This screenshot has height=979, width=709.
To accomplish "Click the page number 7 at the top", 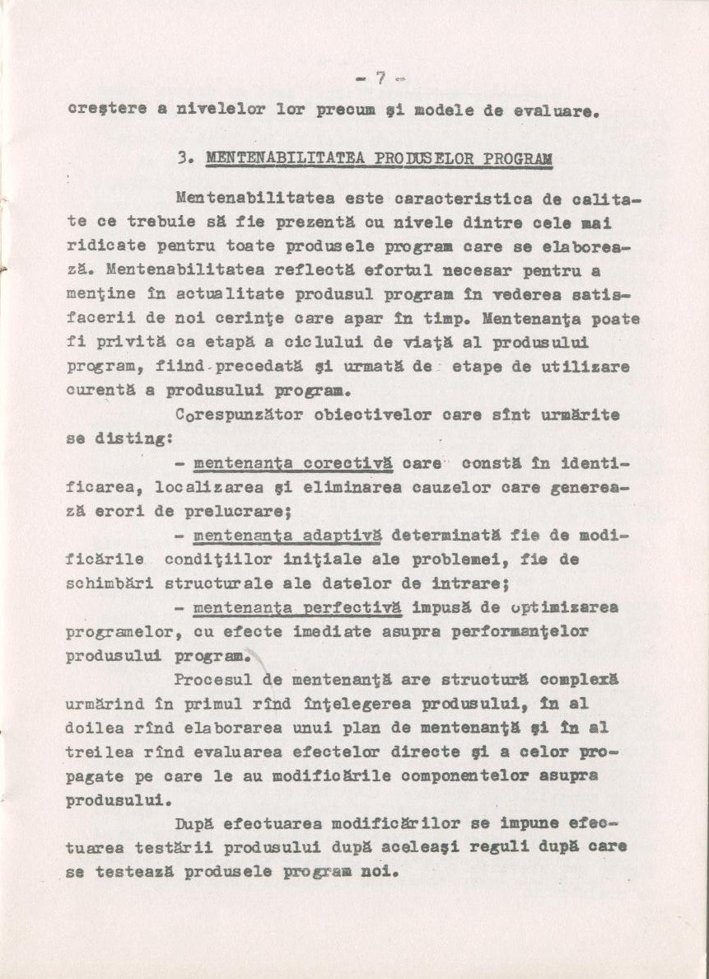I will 380,79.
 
